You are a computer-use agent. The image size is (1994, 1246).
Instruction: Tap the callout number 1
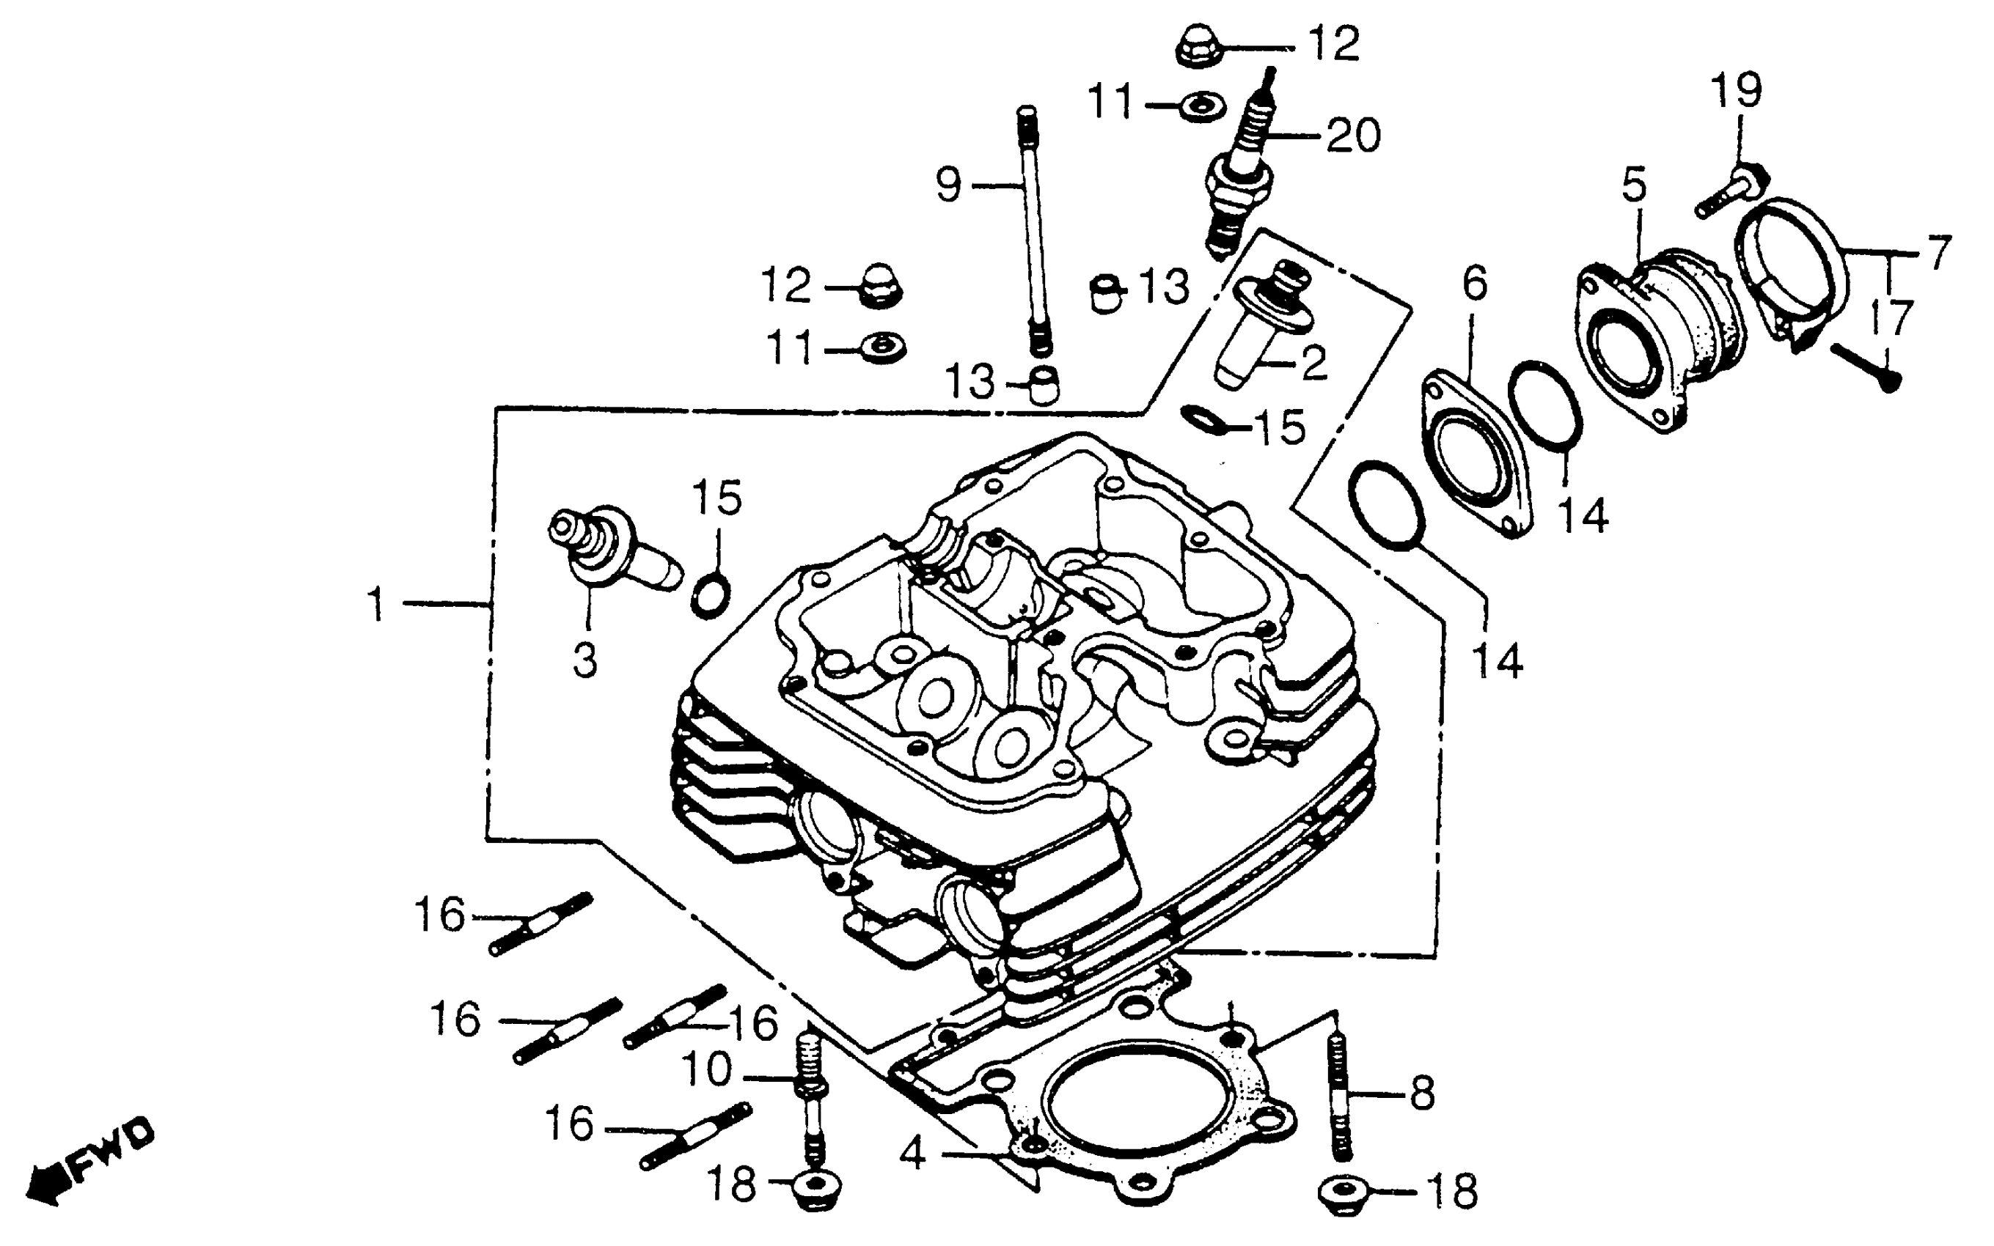pos(376,605)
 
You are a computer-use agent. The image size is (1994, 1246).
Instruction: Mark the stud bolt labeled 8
pos(1338,1095)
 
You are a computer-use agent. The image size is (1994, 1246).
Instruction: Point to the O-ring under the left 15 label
pos(710,596)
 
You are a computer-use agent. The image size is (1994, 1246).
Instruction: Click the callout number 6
pos(1475,284)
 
